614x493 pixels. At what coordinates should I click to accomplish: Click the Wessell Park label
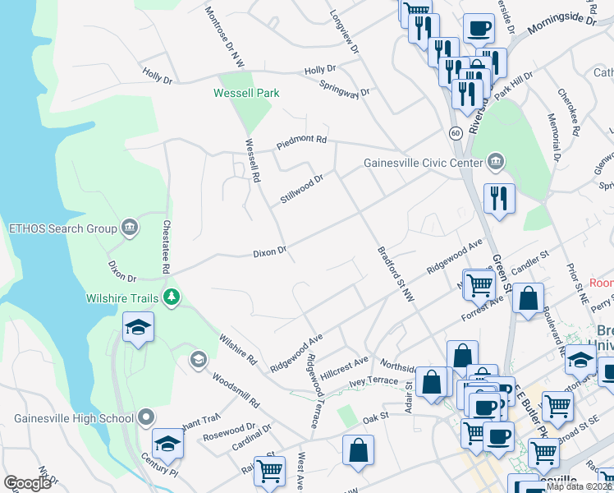pos(246,93)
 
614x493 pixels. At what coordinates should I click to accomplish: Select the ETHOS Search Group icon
pos(129,228)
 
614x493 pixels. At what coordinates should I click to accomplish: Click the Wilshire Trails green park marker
pos(171,297)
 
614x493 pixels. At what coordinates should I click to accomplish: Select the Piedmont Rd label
pos(301,140)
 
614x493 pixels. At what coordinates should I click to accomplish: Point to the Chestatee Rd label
pos(166,246)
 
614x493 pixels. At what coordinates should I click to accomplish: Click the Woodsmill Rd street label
pos(236,391)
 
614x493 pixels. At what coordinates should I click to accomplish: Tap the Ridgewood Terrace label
pos(312,390)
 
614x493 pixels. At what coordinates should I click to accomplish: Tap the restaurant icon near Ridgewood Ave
pos(498,198)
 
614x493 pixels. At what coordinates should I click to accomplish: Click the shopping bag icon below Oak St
pos(358,449)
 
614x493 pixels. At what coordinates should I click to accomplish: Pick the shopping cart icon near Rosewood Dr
pos(268,471)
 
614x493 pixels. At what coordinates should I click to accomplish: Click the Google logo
pos(27,483)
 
